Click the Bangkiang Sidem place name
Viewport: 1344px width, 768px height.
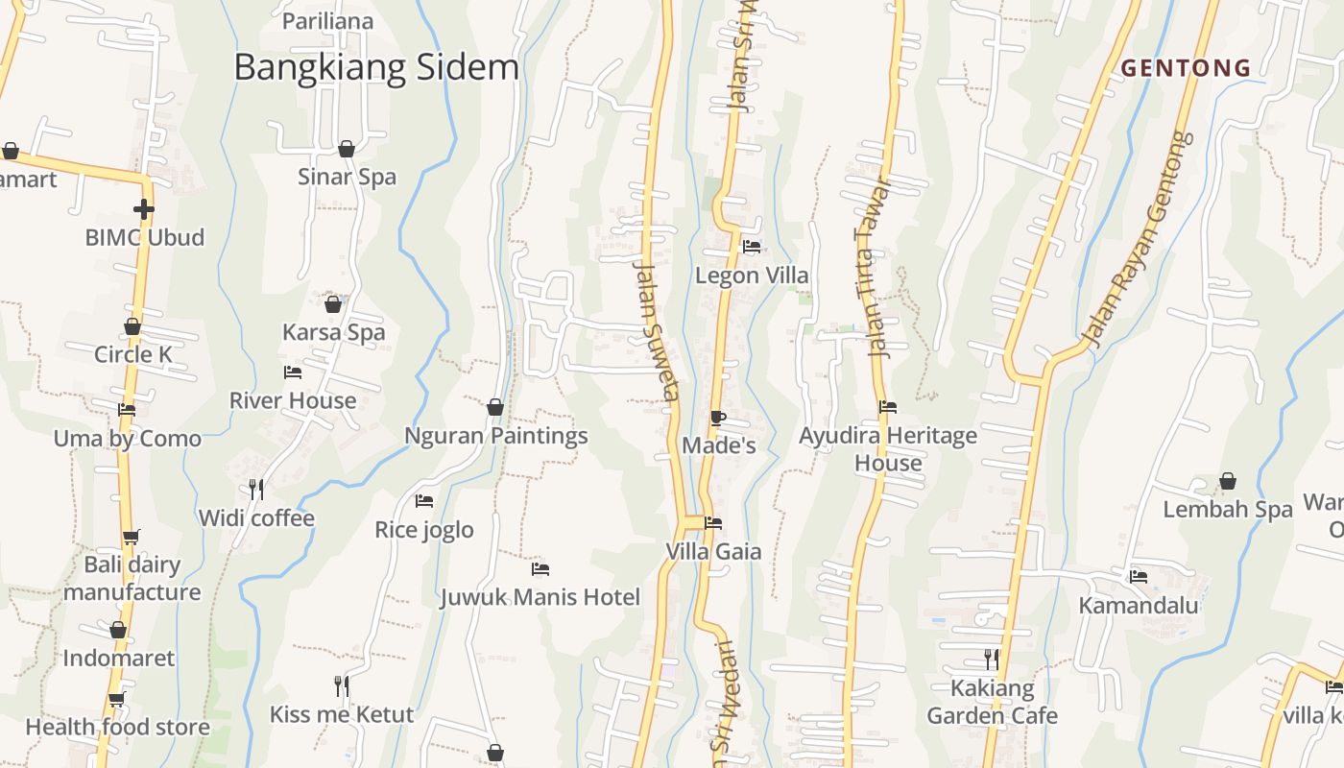coord(376,67)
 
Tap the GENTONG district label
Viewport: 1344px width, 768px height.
coord(1187,68)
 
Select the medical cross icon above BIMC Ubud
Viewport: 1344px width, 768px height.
coord(144,208)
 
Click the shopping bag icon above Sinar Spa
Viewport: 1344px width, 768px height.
coord(347,149)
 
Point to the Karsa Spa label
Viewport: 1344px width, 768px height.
coord(333,332)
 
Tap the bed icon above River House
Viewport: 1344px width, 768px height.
coord(293,372)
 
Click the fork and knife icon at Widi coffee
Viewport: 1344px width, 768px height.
coord(256,490)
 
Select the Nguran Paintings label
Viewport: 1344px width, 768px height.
coord(495,436)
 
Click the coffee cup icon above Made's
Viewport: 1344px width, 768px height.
coord(717,418)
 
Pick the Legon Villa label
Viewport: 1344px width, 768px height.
coord(752,276)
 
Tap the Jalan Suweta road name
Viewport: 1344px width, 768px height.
coord(658,331)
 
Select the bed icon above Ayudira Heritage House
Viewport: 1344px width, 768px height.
coord(888,407)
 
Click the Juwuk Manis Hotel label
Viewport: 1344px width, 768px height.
coord(540,597)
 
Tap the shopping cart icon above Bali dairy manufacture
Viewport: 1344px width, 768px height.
coord(131,537)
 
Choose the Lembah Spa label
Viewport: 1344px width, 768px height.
coord(1228,510)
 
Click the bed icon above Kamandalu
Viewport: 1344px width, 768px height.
coord(1139,577)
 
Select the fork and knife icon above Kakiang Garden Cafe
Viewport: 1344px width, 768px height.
coord(992,659)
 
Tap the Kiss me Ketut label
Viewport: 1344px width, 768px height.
coord(341,714)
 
